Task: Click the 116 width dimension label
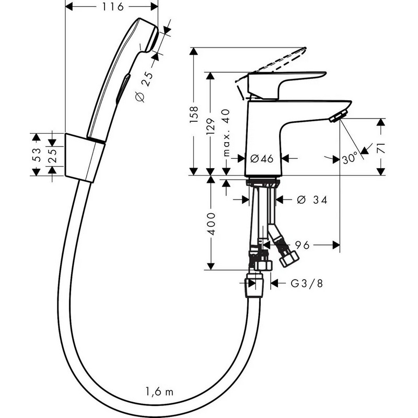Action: (113, 7)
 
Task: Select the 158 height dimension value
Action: (194, 114)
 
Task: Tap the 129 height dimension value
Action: (211, 126)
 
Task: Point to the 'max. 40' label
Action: (226, 133)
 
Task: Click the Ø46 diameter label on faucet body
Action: (262, 159)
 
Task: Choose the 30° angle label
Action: (350, 158)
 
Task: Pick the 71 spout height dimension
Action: (381, 148)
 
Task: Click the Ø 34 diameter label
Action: (312, 200)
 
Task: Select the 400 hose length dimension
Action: (211, 224)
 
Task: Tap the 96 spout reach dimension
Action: (302, 245)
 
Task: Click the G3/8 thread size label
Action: (307, 283)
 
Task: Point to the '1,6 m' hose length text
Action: (159, 391)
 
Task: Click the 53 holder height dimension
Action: (36, 155)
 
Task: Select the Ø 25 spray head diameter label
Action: (145, 87)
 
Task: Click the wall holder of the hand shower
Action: (85, 158)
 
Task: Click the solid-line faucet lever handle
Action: (286, 85)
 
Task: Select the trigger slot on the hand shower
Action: (123, 89)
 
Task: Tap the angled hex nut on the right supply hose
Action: (289, 258)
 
